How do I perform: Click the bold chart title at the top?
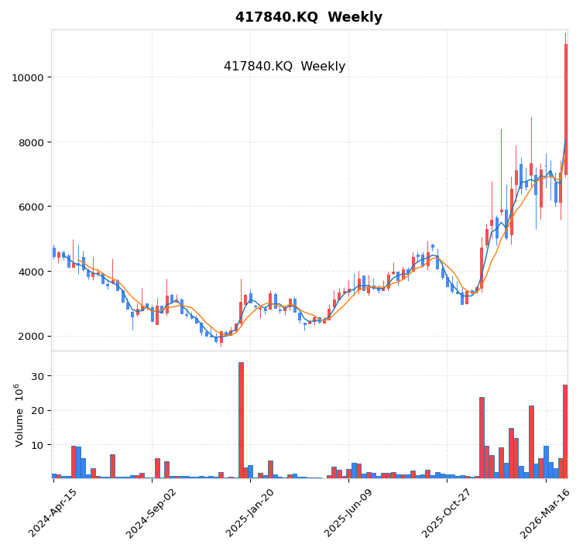pyautogui.click(x=308, y=17)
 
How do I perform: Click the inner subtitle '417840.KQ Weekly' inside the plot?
pyautogui.click(x=284, y=67)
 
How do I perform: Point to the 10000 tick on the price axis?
pyautogui.click(x=26, y=77)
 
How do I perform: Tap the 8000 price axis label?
pyautogui.click(x=29, y=142)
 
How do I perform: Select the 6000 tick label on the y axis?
pyautogui.click(x=29, y=207)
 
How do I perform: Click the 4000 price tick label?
pyautogui.click(x=29, y=272)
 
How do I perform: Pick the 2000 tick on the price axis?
pyautogui.click(x=29, y=336)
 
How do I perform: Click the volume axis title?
pyautogui.click(x=19, y=415)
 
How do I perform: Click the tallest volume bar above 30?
pyautogui.click(x=241, y=419)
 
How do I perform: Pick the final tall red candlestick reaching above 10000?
pyautogui.click(x=566, y=108)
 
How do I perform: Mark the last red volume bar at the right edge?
pyautogui.click(x=565, y=431)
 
